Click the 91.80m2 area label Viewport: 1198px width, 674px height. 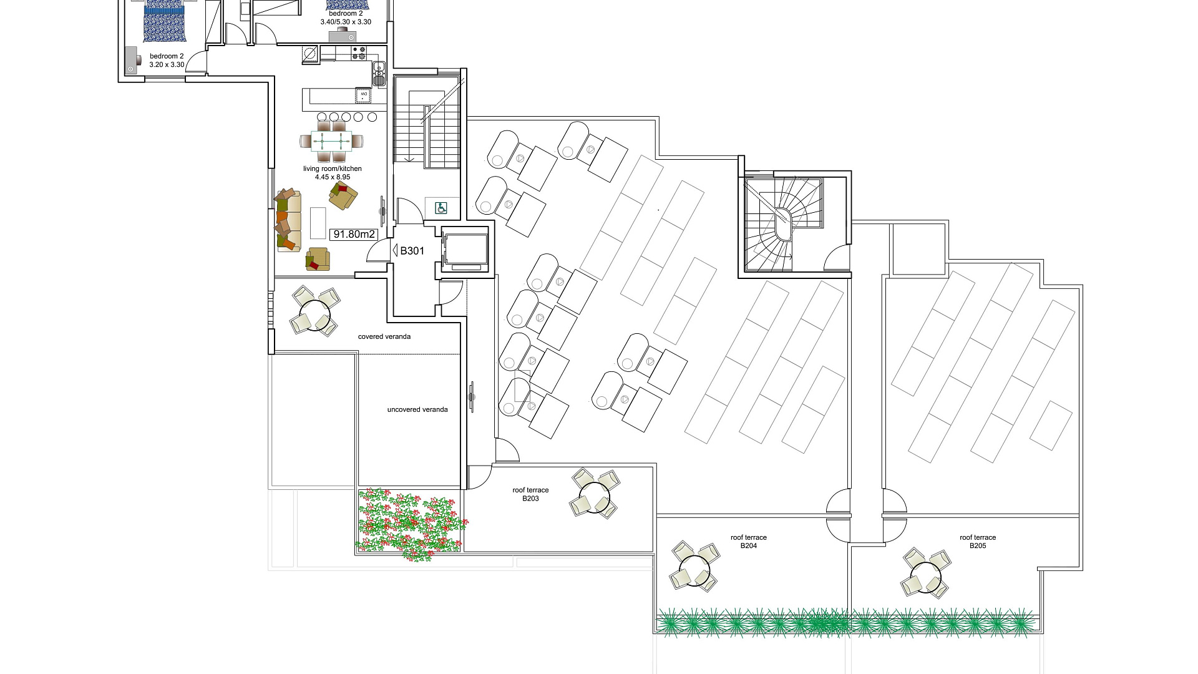tap(354, 234)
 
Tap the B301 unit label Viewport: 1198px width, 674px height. tap(412, 251)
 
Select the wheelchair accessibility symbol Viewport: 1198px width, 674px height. tap(441, 208)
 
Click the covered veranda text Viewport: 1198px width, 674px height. tap(384, 337)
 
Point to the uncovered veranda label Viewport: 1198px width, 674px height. tap(417, 410)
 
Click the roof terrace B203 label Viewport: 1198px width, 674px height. tap(530, 494)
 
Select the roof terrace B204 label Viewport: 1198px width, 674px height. tap(749, 541)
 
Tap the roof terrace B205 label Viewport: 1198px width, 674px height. tap(978, 541)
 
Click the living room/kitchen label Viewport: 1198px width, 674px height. tap(333, 169)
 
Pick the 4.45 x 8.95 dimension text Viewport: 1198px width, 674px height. tap(333, 177)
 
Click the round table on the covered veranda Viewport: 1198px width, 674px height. tap(314, 311)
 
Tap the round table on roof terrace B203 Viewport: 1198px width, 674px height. tap(595, 495)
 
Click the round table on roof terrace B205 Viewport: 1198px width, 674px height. tap(925, 574)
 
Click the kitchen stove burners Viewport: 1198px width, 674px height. tap(359, 53)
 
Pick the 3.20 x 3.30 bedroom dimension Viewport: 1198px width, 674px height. tap(167, 64)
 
